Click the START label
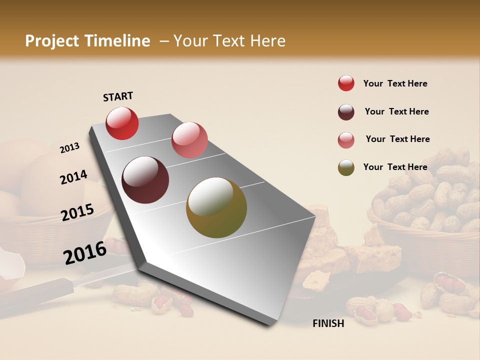(118, 96)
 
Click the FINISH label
(328, 323)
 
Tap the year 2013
(69, 148)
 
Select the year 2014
(73, 177)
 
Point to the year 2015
(77, 212)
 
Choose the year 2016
(85, 253)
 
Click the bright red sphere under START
(122, 123)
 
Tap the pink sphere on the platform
(189, 140)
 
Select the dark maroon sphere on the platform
(145, 180)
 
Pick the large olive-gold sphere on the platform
(216, 207)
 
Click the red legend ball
(346, 83)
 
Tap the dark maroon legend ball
(346, 112)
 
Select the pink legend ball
(346, 140)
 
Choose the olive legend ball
(346, 167)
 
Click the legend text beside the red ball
(395, 83)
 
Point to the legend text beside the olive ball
(395, 167)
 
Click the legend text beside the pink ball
(397, 139)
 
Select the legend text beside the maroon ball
(396, 111)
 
